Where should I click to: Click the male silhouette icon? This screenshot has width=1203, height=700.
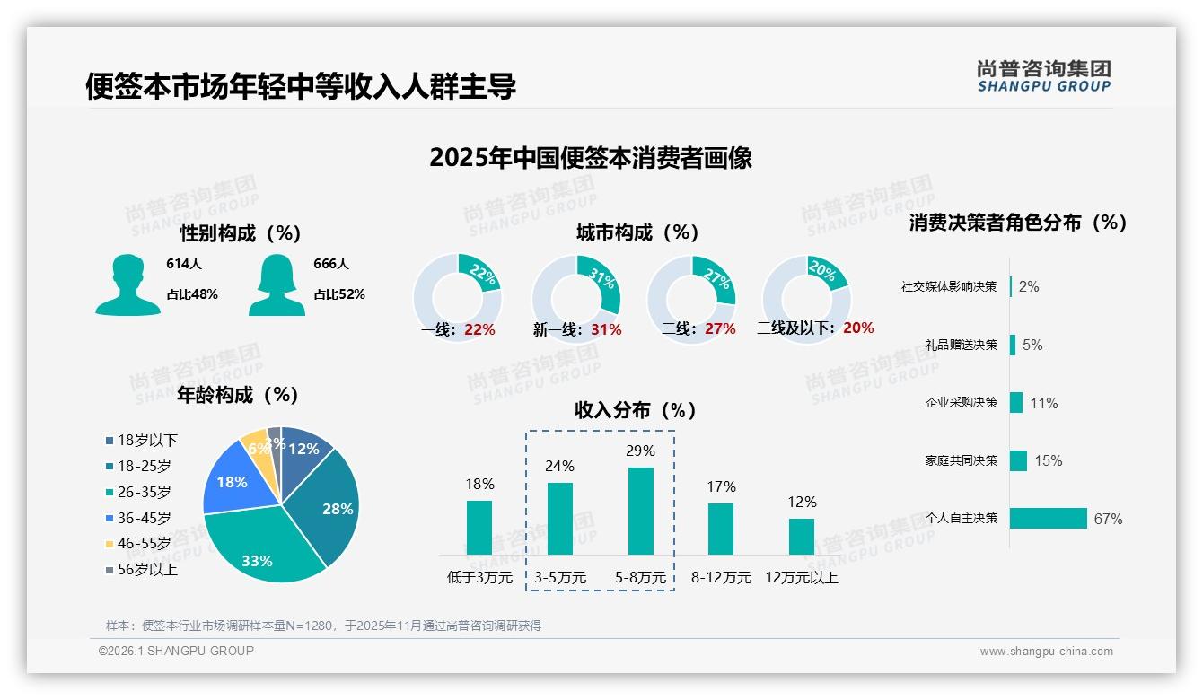[x=127, y=285]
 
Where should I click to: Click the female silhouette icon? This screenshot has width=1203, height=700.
[x=277, y=285]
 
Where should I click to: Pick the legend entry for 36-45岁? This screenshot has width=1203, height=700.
[x=144, y=518]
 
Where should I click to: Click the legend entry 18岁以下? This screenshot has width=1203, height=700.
[x=147, y=440]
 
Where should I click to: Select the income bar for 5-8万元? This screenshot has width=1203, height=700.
[x=641, y=511]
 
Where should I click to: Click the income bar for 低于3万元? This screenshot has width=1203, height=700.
[x=479, y=527]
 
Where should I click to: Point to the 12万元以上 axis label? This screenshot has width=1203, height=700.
[x=801, y=577]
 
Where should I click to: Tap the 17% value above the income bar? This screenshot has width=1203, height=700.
[x=721, y=486]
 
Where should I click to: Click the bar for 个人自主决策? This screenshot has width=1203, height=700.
[x=1049, y=518]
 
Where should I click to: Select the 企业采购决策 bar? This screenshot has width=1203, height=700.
[x=1016, y=402]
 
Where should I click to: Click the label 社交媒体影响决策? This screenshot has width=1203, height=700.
[x=949, y=286]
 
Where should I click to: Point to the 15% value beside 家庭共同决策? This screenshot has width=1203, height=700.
[x=1048, y=460]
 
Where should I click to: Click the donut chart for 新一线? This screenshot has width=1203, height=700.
[x=576, y=298]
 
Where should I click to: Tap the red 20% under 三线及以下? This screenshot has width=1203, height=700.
[x=858, y=328]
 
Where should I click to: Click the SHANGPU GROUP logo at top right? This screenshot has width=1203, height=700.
[x=1044, y=75]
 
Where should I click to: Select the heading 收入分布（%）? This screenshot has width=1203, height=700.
[x=637, y=410]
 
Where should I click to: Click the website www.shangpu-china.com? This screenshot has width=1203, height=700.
[x=1046, y=651]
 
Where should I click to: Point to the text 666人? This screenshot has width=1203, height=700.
[x=331, y=264]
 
